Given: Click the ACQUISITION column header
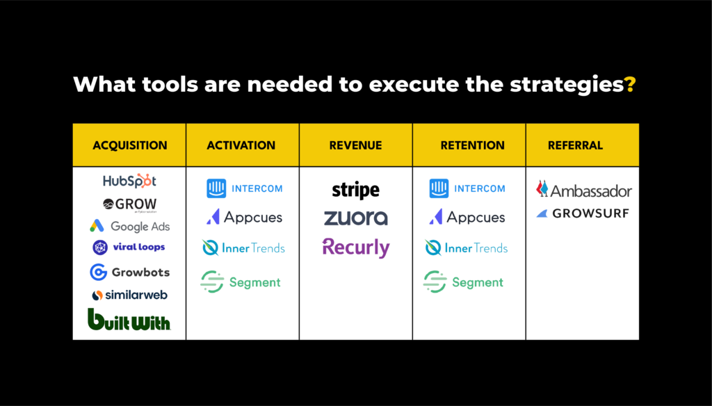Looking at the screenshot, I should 129,145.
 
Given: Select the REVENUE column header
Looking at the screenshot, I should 355,145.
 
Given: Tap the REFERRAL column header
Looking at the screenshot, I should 575,145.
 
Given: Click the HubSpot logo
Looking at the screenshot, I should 129,181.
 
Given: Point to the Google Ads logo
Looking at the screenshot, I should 129,226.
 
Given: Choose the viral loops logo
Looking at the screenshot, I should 129,247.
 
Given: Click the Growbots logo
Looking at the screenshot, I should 129,272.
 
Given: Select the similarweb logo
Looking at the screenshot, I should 129,295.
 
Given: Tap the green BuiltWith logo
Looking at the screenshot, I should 129,320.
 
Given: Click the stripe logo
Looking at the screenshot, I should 355,190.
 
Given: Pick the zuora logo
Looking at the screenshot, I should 355,218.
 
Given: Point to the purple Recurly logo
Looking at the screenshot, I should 355,247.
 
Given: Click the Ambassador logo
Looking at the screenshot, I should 583,190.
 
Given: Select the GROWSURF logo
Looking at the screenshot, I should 582,213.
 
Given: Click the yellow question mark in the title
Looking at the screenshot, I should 630,85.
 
